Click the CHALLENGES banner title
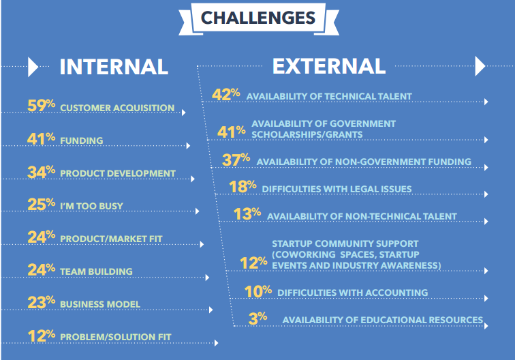pos(258,18)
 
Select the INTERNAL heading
pos(114,67)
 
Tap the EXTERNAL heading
pos(329,66)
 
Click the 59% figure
pos(41,105)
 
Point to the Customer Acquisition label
pos(117,108)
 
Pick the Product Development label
pos(118,173)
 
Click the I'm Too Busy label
pos(92,206)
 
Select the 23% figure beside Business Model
pos(41,302)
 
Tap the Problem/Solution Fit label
pos(116,337)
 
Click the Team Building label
pos(96,271)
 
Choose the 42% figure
pos(226,94)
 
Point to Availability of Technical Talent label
pos(329,96)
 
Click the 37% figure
pos(236,160)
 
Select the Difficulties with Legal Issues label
pos(337,189)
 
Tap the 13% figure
pos(247,213)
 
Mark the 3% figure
pos(257,318)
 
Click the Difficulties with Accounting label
pos(352,292)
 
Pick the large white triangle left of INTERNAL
pos(33,67)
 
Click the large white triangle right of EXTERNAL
pos(480,66)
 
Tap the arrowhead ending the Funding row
pos(188,146)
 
